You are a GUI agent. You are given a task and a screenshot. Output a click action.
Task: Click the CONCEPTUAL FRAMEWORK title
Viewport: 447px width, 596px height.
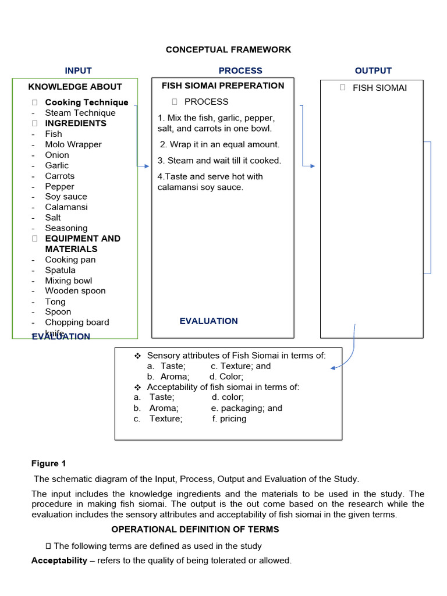point(228,50)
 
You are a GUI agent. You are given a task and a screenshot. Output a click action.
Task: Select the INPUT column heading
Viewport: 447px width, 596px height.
point(78,70)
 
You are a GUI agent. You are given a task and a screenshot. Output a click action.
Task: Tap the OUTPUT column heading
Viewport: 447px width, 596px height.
point(373,70)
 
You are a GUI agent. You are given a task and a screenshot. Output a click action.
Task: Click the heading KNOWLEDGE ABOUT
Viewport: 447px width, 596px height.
point(75,87)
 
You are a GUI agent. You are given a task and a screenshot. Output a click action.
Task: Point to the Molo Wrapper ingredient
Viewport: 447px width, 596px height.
point(73,144)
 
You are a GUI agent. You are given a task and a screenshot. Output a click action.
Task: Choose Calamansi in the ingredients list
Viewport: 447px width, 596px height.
point(66,207)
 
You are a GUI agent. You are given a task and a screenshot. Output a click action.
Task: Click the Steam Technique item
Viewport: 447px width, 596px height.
point(80,113)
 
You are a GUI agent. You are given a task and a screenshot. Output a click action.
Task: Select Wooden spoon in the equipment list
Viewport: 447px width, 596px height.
point(75,291)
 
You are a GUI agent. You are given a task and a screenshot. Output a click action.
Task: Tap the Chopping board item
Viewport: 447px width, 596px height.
point(77,322)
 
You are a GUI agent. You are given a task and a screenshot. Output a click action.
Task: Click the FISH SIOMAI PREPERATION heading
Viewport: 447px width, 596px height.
point(222,86)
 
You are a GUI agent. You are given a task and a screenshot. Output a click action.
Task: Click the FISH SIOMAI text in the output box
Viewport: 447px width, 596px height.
point(379,88)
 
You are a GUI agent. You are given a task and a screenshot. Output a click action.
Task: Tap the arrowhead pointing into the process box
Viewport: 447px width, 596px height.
point(147,166)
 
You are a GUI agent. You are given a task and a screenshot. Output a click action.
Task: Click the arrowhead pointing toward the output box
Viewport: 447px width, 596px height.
point(312,166)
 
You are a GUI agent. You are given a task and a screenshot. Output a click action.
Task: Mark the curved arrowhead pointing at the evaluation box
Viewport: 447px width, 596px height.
point(333,368)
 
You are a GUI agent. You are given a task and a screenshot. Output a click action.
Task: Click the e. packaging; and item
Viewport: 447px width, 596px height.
point(246,408)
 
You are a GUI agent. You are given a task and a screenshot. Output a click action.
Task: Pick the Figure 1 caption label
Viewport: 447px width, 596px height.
point(48,464)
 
